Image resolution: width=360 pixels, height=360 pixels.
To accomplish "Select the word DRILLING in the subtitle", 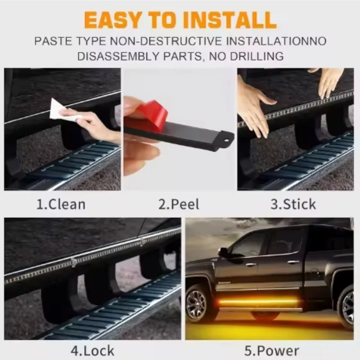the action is [256, 56].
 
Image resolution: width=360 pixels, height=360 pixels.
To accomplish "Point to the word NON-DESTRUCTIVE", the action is [166, 41].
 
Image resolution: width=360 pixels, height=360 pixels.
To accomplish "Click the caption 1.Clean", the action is [61, 204].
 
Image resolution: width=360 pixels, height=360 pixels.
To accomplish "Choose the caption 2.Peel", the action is [179, 204].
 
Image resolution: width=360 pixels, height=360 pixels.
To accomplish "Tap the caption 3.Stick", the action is [293, 204].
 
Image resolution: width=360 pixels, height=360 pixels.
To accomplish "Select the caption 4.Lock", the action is [92, 351].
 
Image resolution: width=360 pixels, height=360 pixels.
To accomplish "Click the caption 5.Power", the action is [272, 351].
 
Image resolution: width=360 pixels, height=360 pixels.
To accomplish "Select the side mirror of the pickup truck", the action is [223, 252].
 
